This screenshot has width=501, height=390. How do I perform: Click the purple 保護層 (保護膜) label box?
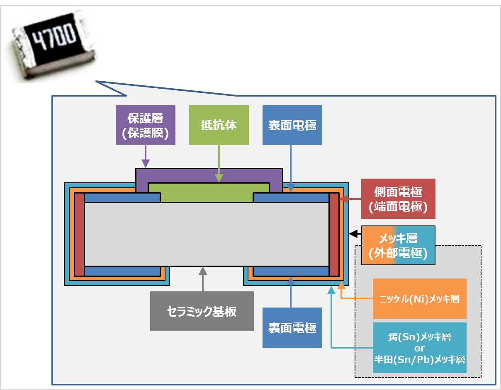pyautogui.click(x=145, y=125)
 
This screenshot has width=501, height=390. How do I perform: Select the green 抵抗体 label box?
pyautogui.click(x=219, y=125)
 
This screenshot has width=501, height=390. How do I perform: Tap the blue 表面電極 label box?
pyautogui.click(x=292, y=125)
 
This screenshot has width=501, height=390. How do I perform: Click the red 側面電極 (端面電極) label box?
pyautogui.click(x=398, y=199)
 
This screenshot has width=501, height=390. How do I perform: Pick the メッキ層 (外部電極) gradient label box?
pyautogui.click(x=398, y=245)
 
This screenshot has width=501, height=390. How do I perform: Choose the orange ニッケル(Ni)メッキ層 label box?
pyautogui.click(x=419, y=298)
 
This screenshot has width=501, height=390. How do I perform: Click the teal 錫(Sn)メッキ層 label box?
pyautogui.click(x=419, y=348)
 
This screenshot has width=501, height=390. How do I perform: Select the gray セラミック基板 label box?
pyautogui.click(x=202, y=311)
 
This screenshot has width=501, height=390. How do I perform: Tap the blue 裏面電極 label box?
pyautogui.click(x=292, y=327)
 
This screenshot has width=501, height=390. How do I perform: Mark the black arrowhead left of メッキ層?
pyautogui.click(x=354, y=234)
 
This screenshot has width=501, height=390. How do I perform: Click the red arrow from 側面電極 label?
pyautogui.click(x=350, y=199)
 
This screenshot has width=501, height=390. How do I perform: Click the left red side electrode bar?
pyautogui.click(x=79, y=235)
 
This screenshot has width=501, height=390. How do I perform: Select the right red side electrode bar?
pyautogui.click(x=334, y=235)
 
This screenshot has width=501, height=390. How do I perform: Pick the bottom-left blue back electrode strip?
pyautogui.click(x=122, y=271)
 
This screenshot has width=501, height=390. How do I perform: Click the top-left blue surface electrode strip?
pyautogui.click(x=122, y=198)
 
